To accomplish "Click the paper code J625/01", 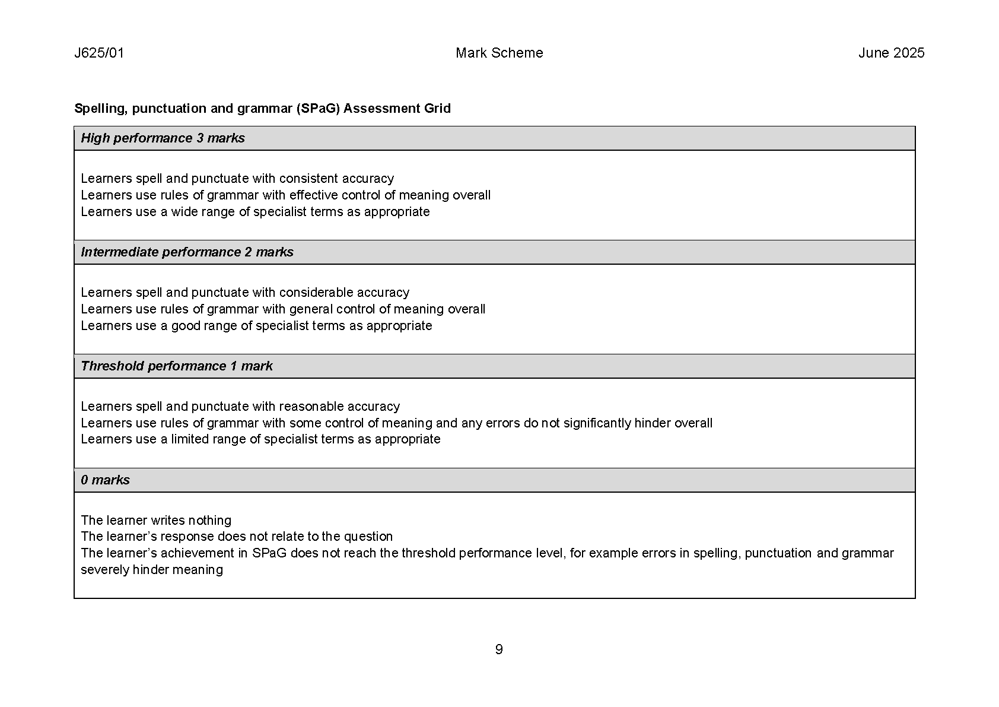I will (x=99, y=53).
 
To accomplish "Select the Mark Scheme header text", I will (x=499, y=53).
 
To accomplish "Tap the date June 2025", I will (x=891, y=53).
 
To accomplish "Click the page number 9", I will (x=499, y=649).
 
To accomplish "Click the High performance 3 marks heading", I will (x=163, y=138).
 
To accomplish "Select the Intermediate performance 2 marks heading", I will (x=187, y=252).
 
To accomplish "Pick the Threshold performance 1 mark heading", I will (x=176, y=366).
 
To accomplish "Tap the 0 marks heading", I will (x=105, y=480).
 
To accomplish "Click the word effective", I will (x=313, y=195).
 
